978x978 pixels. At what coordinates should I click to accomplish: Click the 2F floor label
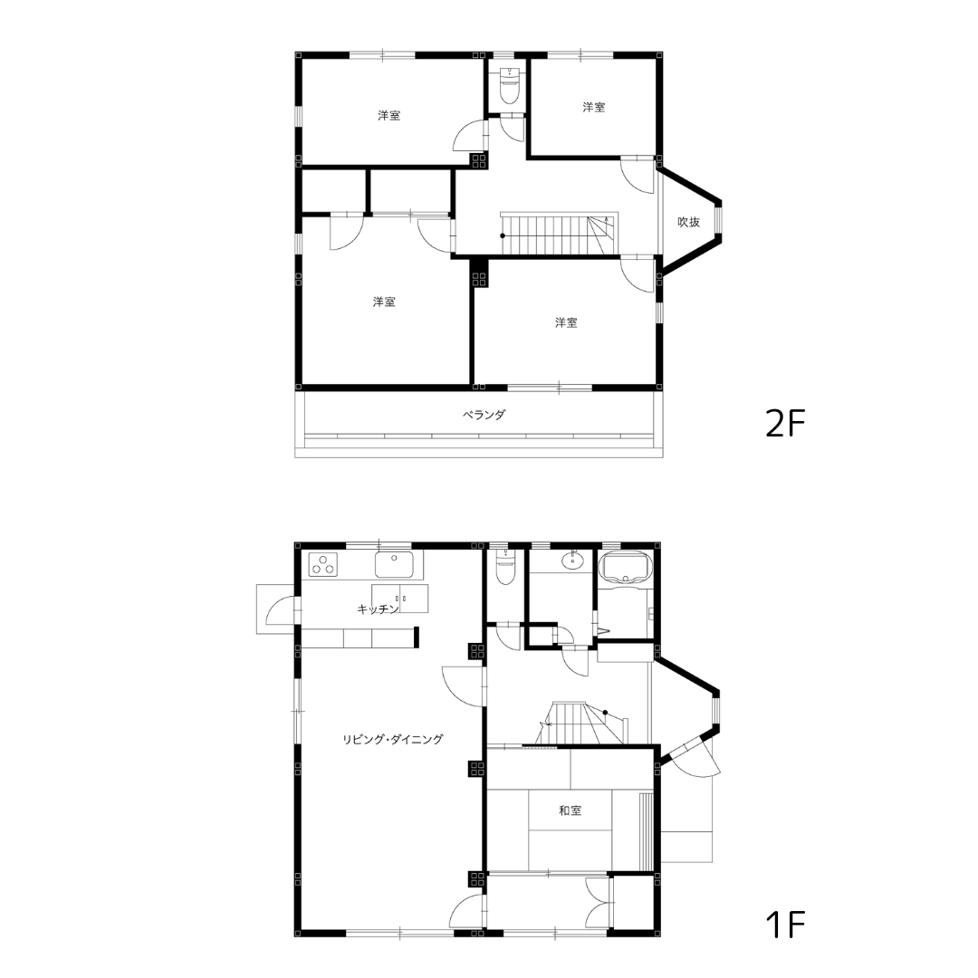pos(785,425)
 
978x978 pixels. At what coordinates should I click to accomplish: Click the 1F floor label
pos(785,925)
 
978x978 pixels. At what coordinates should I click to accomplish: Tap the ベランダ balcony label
pos(484,415)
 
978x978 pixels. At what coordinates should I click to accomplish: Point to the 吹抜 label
pos(688,222)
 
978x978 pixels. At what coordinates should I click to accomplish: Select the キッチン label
pos(378,609)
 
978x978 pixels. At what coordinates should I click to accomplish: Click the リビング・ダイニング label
pos(392,739)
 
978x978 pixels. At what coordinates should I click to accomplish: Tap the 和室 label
pos(570,810)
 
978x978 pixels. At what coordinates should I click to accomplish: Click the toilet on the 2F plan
pos(510,86)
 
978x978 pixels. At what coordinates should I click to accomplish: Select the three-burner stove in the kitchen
pos(323,565)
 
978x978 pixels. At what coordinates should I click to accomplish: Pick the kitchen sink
pos(394,564)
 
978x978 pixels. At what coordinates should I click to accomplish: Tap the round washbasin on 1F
pos(572,561)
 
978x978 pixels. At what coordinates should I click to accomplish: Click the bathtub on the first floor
pos(625,566)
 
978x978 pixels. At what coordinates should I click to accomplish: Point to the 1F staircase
pos(580,723)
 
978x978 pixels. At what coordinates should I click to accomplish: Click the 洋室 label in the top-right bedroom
pos(594,107)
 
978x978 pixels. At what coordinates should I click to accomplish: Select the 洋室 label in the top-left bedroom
pos(389,115)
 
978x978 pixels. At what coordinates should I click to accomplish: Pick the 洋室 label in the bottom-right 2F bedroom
pos(566,322)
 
